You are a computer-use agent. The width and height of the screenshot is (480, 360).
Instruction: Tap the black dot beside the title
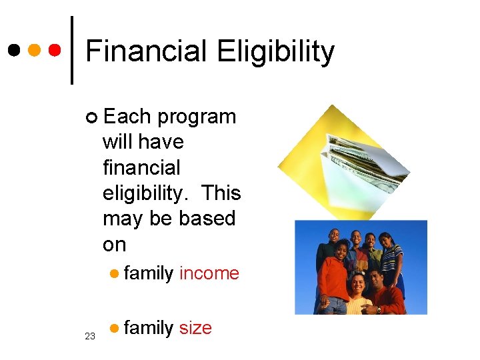coord(15,50)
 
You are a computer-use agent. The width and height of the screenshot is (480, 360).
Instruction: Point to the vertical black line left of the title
coord(72,50)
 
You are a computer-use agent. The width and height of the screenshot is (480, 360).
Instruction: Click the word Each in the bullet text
coord(127,117)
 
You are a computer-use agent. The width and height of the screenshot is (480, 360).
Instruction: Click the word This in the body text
coord(221,193)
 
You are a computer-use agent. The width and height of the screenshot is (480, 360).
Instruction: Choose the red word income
coord(209,273)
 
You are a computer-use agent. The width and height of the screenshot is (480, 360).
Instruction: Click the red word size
coord(195,328)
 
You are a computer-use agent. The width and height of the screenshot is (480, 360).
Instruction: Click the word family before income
coord(148,273)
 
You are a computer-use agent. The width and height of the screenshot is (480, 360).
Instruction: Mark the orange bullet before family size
coord(115,328)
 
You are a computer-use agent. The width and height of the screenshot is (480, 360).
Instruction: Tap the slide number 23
coord(90,337)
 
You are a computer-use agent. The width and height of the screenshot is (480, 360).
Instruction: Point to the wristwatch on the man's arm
coord(379,309)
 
